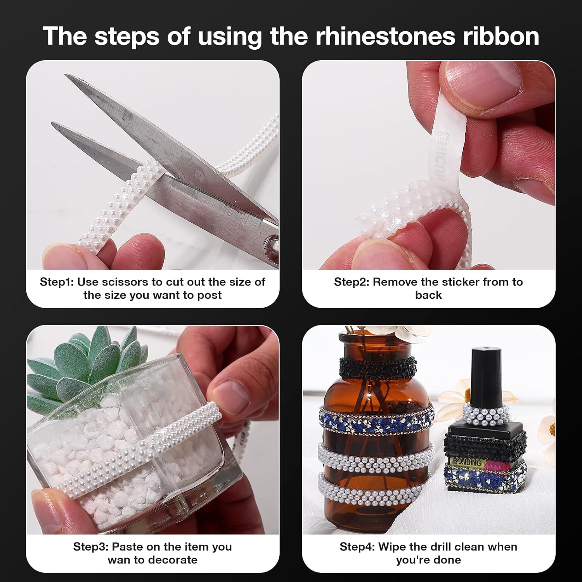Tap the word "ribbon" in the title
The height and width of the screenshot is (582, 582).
click(498, 36)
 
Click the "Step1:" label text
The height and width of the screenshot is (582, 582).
click(57, 282)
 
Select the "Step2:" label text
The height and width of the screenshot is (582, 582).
click(351, 282)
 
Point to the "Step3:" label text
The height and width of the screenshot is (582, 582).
click(90, 547)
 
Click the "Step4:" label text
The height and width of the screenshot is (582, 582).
click(357, 547)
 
